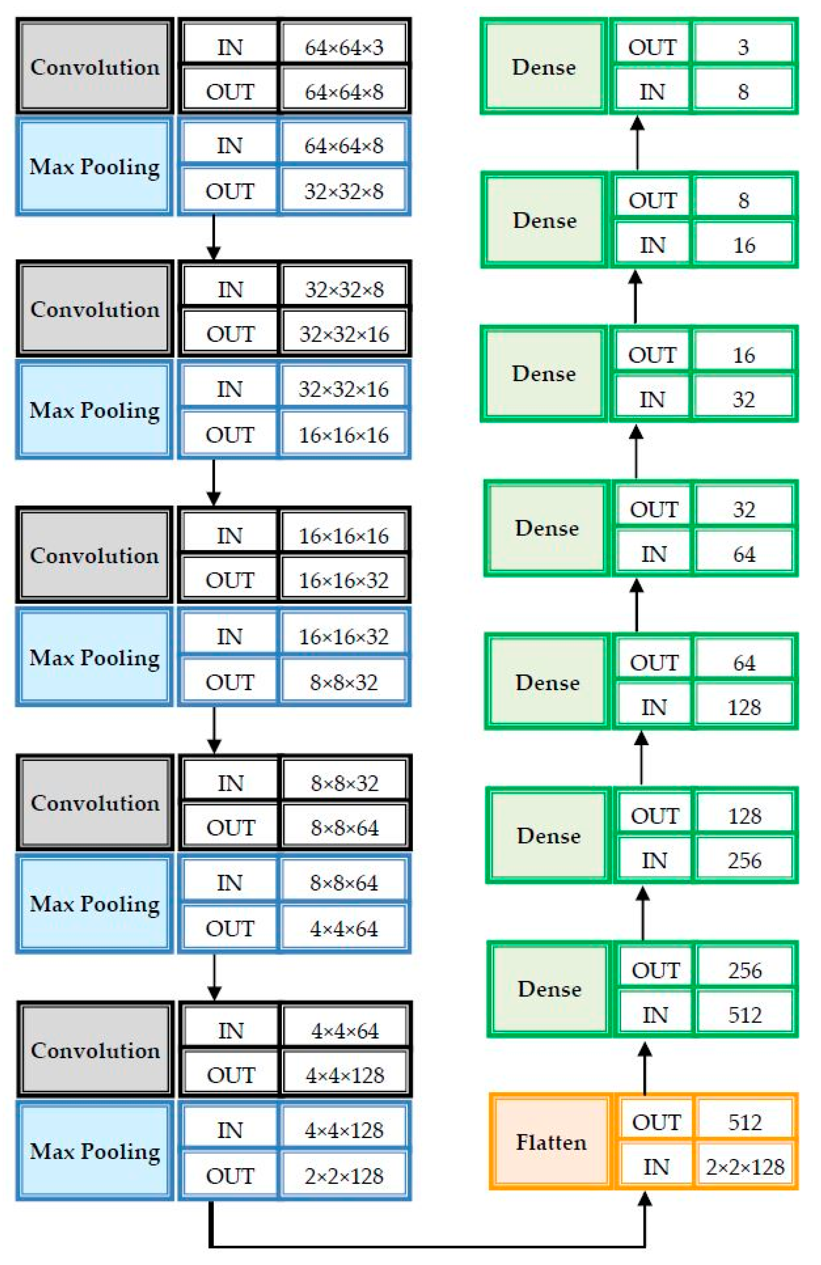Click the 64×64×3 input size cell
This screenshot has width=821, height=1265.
point(344,47)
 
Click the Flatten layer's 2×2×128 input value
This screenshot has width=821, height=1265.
point(744,1167)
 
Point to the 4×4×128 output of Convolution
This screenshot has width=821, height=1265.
point(344,1075)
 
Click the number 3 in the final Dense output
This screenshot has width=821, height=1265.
point(743,47)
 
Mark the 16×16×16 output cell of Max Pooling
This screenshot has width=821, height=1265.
point(344,435)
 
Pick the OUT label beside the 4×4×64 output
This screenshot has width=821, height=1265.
point(230,929)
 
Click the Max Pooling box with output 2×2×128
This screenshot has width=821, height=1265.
point(94,1151)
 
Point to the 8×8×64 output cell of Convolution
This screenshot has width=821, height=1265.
point(344,828)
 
